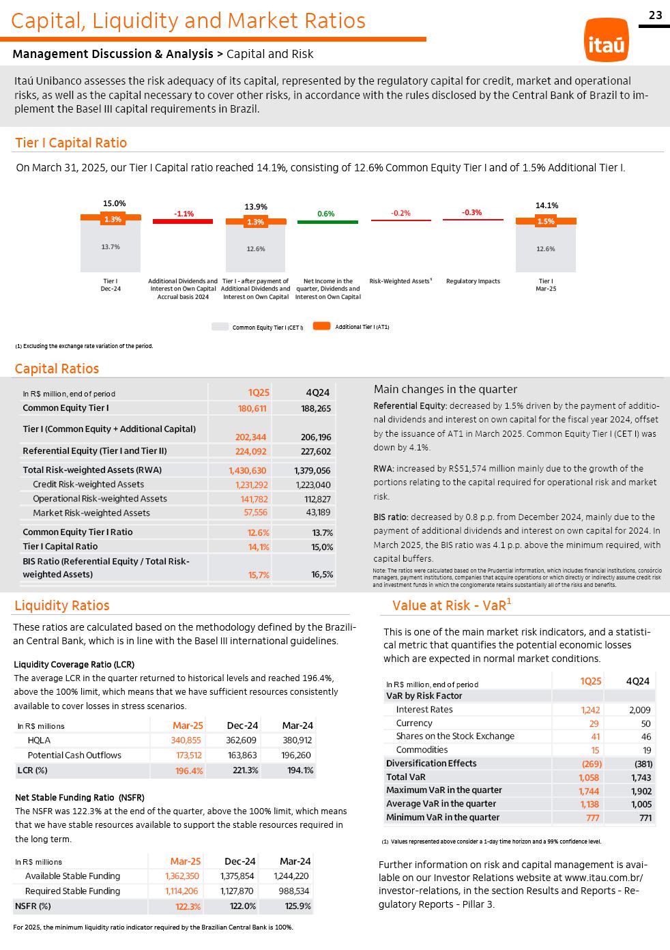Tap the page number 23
[655, 15]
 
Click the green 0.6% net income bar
[327, 222]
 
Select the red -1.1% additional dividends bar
[183, 221]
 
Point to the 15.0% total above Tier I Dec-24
[114, 203]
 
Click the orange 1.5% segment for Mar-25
[546, 221]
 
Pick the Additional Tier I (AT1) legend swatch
[322, 326]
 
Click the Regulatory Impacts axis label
[473, 281]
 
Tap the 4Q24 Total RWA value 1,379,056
[312, 470]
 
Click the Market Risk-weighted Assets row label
[91, 513]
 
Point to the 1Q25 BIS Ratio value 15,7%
[259, 575]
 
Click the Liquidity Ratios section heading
[62, 605]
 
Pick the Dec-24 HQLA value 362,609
[242, 740]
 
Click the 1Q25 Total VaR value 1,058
[588, 777]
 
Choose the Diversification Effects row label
[431, 764]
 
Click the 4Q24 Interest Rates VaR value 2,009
[639, 710]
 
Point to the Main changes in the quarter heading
[446, 389]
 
